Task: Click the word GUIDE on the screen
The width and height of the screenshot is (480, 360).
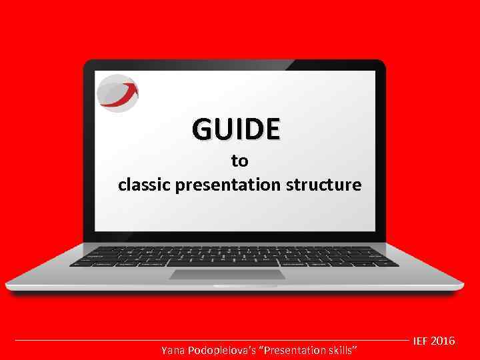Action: (237, 129)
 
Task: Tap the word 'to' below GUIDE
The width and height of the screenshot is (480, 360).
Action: (239, 161)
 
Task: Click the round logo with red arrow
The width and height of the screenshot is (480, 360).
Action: (117, 92)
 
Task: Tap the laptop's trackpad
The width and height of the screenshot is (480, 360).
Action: (227, 274)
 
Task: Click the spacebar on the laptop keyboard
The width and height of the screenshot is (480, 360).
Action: (227, 263)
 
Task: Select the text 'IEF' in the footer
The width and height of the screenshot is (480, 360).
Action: (421, 341)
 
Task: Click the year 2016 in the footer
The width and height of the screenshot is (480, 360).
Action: (443, 341)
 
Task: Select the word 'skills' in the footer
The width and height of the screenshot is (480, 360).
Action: (344, 350)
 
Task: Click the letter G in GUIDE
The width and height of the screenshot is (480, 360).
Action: (202, 129)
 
